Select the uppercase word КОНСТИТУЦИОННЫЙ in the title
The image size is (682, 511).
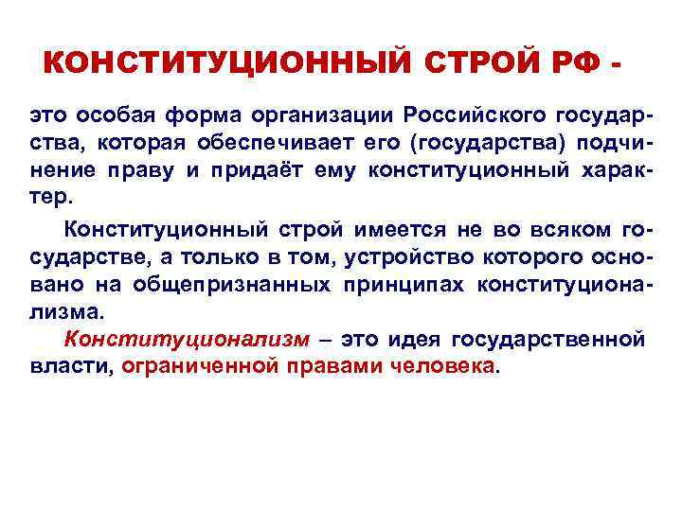point(224,63)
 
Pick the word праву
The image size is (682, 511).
point(174,172)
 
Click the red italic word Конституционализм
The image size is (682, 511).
point(186,339)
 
